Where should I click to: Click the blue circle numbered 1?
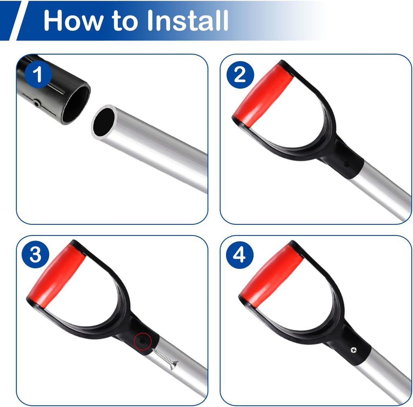(x=38, y=74)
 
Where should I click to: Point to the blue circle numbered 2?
(x=240, y=75)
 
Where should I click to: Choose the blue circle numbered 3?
(x=35, y=254)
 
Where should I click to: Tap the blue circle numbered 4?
(x=240, y=255)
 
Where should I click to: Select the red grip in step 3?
(x=57, y=275)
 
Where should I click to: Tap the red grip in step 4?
(x=271, y=276)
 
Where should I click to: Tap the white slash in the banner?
(x=19, y=21)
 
